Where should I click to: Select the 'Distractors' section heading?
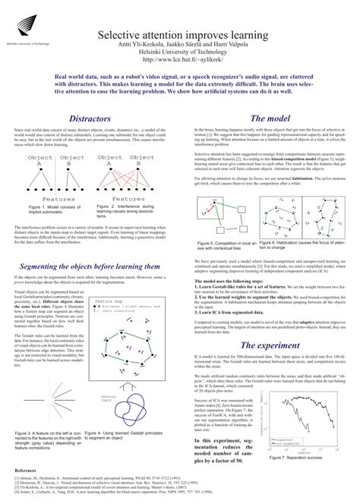[x=90, y=118]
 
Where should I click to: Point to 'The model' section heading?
[x=268, y=118]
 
